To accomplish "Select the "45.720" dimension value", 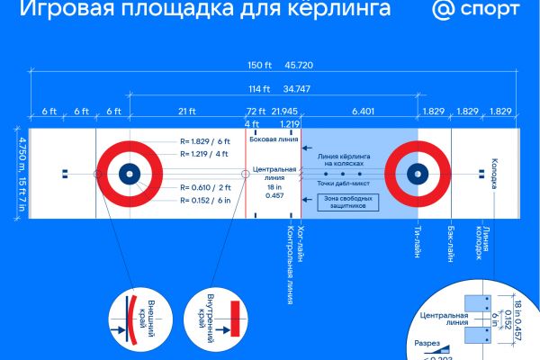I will pyautogui.click(x=300, y=66).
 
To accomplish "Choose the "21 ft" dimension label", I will pyautogui.click(x=187, y=111).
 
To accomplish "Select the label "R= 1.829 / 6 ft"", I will pyautogui.click(x=205, y=141).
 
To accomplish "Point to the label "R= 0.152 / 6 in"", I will pyautogui.click(x=205, y=202).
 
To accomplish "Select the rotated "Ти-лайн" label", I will pyautogui.click(x=418, y=241).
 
